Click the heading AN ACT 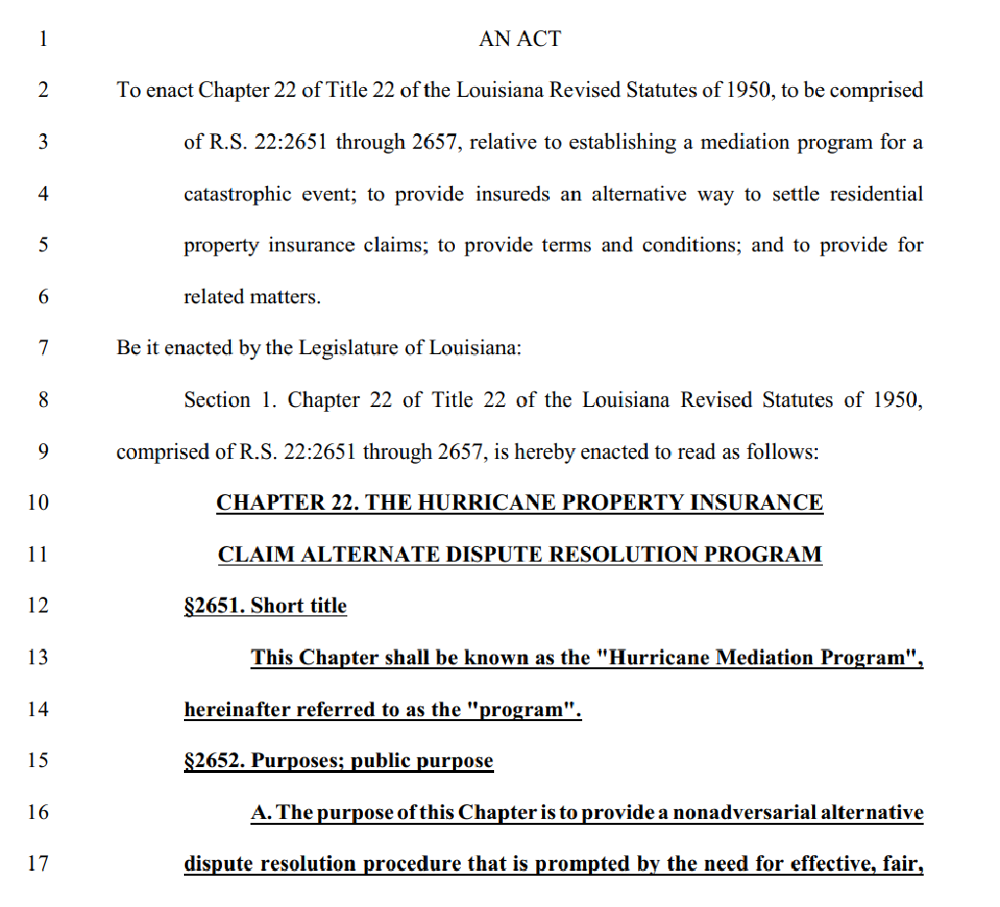(x=520, y=39)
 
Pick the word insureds (x=513, y=194)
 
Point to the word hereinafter (x=236, y=710)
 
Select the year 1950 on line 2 (x=751, y=91)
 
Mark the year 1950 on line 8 (x=896, y=400)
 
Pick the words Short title (x=298, y=606)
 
